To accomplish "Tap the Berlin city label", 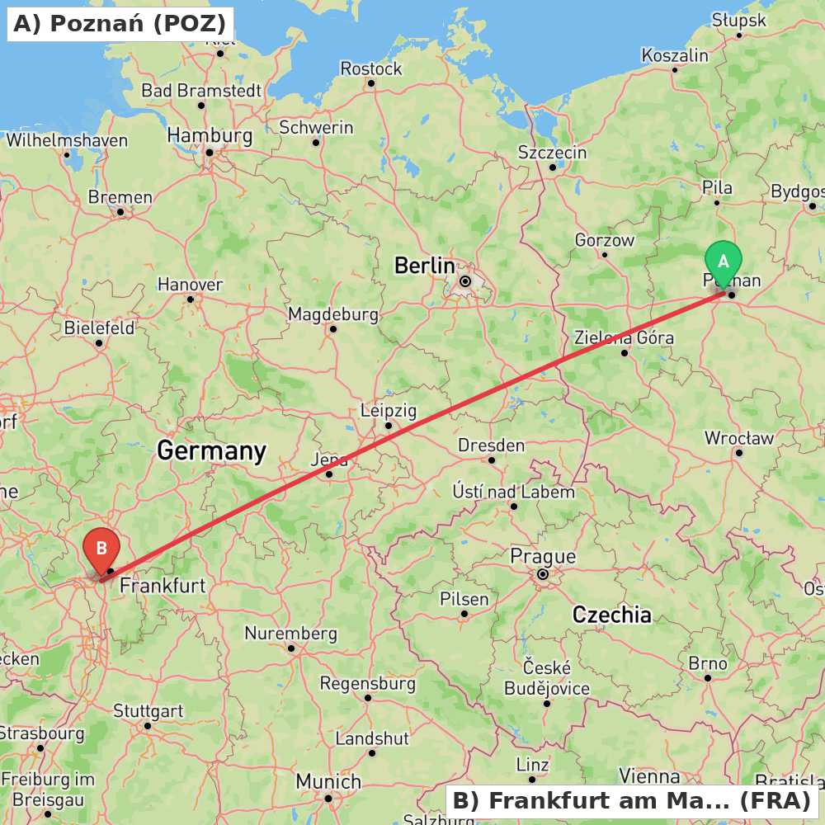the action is (424, 266).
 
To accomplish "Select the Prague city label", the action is (543, 555).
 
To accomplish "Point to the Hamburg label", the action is (210, 135).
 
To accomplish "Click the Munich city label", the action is (328, 781).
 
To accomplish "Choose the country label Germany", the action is (211, 450).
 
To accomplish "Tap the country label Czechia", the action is (611, 614).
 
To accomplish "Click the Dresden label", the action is (491, 445).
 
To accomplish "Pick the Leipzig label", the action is (389, 410).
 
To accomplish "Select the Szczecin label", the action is (552, 153).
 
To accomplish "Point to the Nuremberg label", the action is (290, 634).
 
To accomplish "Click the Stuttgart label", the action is (148, 710).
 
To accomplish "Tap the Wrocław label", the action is (738, 437).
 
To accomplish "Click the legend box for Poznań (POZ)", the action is (120, 24).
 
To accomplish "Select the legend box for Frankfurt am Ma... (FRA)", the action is (632, 801).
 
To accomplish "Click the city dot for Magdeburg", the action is (332, 329).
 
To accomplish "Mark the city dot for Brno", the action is (707, 678).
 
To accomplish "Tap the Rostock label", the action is (371, 68).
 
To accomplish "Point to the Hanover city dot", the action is (191, 299).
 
